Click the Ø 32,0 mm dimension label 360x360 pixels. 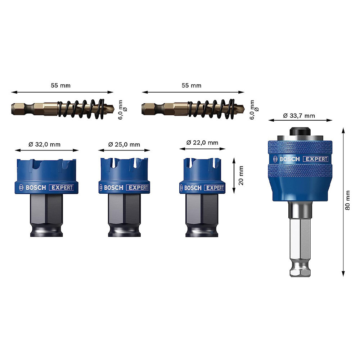click(45, 144)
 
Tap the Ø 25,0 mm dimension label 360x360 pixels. click(124, 144)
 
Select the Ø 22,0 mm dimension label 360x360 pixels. click(202, 143)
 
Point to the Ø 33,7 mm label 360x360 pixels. click(299, 116)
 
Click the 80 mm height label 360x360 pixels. click(348, 200)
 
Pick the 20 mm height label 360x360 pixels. click(241, 176)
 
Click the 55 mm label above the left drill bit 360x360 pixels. click(60, 85)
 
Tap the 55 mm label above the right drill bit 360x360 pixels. click(192, 85)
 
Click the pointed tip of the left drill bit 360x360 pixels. click(114, 109)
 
